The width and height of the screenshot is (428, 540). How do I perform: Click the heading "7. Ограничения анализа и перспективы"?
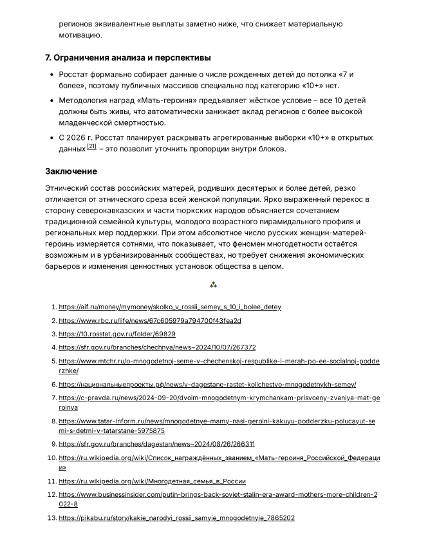[127, 57]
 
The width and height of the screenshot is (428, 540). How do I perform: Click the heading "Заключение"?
[71, 171]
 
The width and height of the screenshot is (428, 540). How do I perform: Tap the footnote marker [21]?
[92, 147]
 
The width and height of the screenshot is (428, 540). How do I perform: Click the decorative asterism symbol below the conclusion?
[214, 285]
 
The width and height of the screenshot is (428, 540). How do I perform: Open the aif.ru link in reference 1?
[170, 307]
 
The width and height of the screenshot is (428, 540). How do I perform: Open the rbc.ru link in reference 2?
[150, 321]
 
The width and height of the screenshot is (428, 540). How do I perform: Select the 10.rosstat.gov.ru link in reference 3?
[117, 334]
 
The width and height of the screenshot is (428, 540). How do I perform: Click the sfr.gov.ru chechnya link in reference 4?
[157, 347]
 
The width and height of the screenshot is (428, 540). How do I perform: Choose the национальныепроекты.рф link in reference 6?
[207, 385]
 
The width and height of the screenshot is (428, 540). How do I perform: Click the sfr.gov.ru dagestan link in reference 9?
[156, 444]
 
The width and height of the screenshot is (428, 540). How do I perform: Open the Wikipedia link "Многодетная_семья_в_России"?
[152, 481]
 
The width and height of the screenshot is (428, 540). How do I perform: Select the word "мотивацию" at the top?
[80, 35]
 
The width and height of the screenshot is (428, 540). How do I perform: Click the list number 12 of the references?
[53, 495]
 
